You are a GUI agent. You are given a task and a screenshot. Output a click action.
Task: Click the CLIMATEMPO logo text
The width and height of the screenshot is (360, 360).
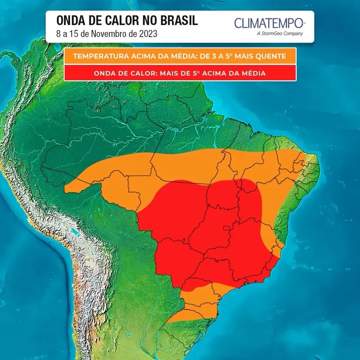(x=268, y=23)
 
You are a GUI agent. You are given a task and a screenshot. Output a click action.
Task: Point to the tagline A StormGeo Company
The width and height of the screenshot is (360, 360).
(x=279, y=34)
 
